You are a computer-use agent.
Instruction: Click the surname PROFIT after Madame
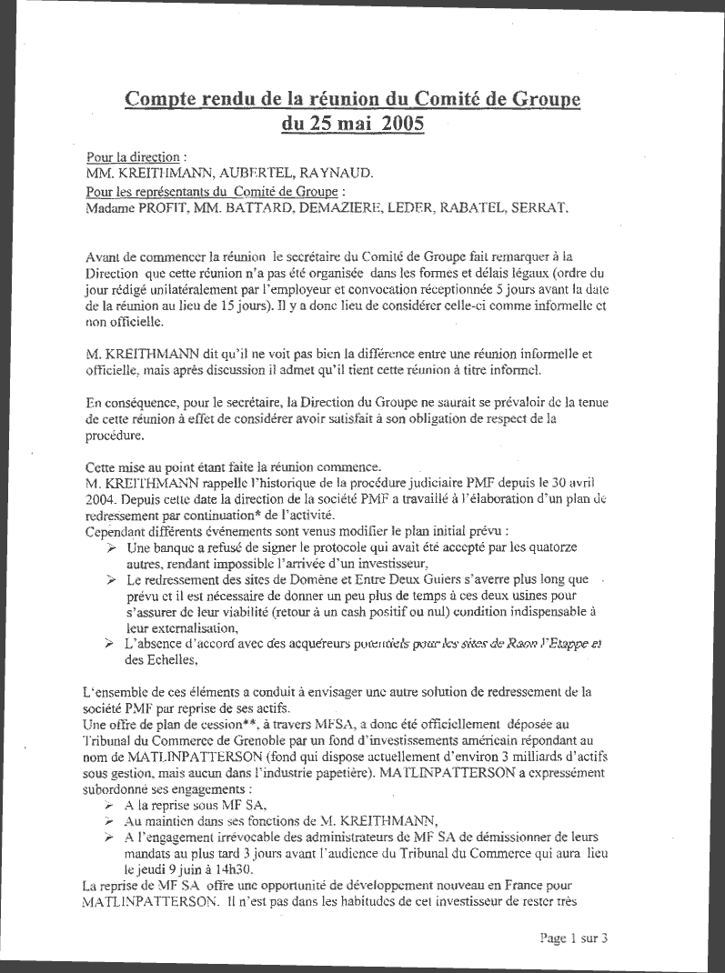point(169,207)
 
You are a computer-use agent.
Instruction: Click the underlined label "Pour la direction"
point(133,156)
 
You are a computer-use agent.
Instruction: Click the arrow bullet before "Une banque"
point(111,548)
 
